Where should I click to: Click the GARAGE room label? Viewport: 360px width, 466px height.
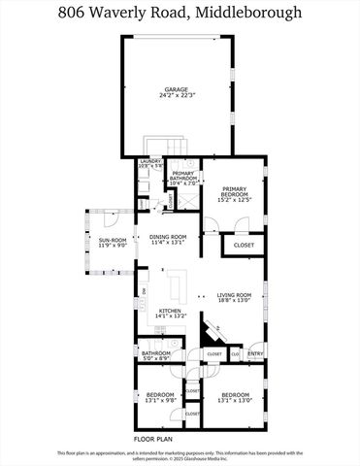tap(176, 89)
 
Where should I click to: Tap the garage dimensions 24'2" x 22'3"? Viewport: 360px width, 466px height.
tap(176, 95)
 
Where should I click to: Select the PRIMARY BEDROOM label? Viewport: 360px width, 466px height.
tap(235, 189)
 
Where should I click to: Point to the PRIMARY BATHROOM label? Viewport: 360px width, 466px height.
tap(183, 176)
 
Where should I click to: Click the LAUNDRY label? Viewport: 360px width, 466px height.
tap(150, 161)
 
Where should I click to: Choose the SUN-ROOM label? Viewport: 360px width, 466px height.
tap(113, 241)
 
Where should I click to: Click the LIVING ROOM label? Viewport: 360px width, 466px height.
tap(234, 294)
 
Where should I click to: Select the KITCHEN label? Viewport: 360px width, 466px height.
tap(171, 311)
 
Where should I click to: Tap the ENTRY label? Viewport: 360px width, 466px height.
tap(254, 354)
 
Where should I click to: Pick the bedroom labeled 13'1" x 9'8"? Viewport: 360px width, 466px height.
tap(160, 398)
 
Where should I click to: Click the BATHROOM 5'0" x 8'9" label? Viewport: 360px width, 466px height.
tap(156, 355)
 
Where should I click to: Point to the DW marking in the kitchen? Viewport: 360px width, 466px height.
tap(144, 291)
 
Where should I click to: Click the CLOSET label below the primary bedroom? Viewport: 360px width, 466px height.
tap(244, 246)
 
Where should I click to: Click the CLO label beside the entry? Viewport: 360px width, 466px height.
tap(236, 354)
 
